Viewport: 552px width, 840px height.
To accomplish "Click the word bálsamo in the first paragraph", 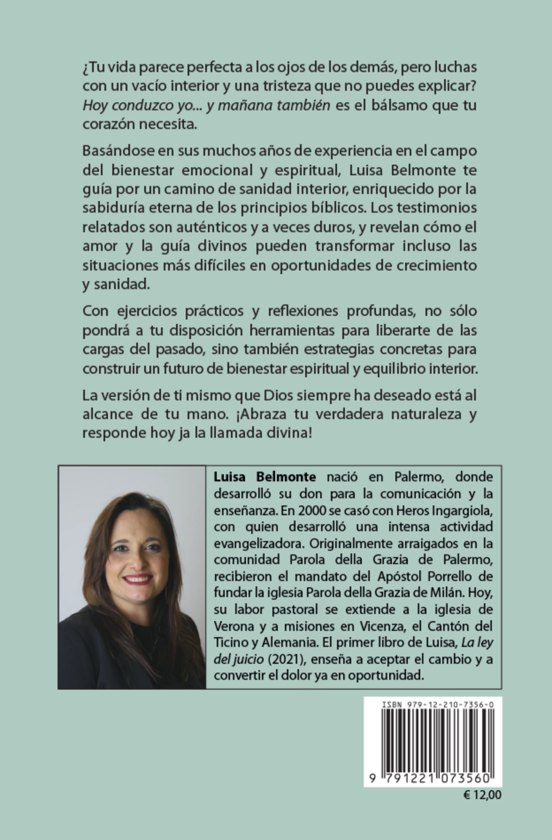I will coord(397,105).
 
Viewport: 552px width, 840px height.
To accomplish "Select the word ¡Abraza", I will coord(260,414).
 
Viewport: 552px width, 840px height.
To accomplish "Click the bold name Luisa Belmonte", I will coord(265,477).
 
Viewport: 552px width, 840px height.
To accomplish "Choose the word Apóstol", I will coord(401,576).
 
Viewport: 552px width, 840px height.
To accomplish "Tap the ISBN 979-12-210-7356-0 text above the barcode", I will coord(438,705).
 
